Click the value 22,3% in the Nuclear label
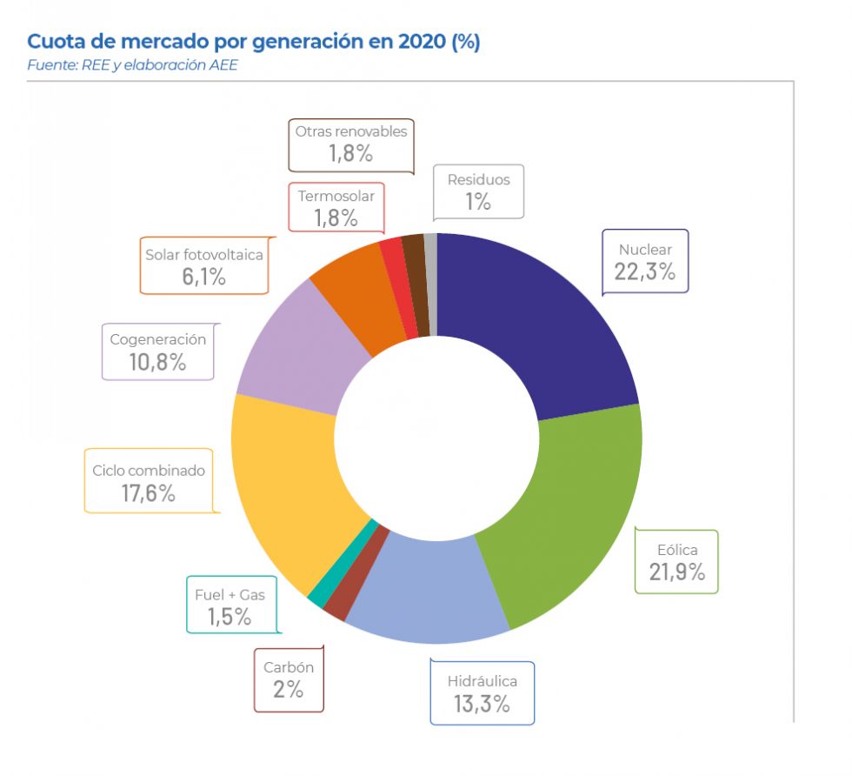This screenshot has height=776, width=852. (x=644, y=271)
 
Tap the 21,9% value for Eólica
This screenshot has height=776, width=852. (x=676, y=572)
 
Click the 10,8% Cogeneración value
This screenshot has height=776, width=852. (x=157, y=362)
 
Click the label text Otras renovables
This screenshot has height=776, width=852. (x=350, y=131)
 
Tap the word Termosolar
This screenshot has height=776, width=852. (x=336, y=196)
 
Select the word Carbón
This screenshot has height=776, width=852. (x=289, y=668)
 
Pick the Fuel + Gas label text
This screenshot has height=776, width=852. (x=230, y=595)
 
